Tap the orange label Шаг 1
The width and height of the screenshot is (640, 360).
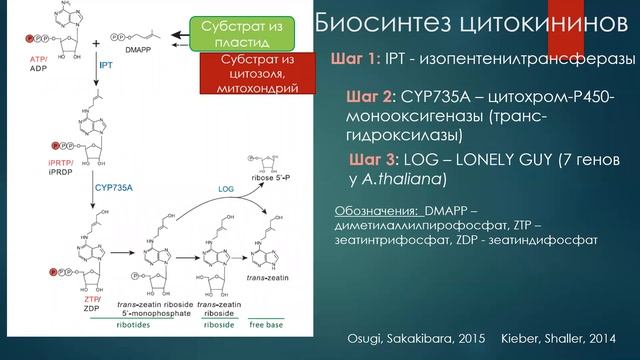(353, 59)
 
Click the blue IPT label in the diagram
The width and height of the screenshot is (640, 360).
(105, 63)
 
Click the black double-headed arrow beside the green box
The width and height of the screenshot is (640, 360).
(180, 38)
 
